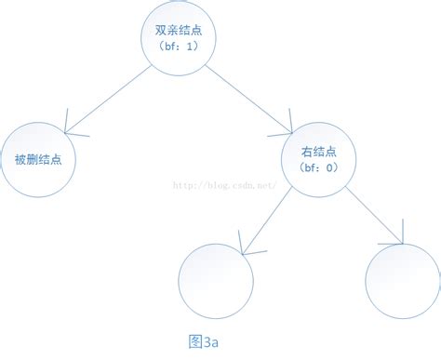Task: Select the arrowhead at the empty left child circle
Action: coord(244,247)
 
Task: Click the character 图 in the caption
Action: coord(194,342)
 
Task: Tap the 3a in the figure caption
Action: coord(210,342)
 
